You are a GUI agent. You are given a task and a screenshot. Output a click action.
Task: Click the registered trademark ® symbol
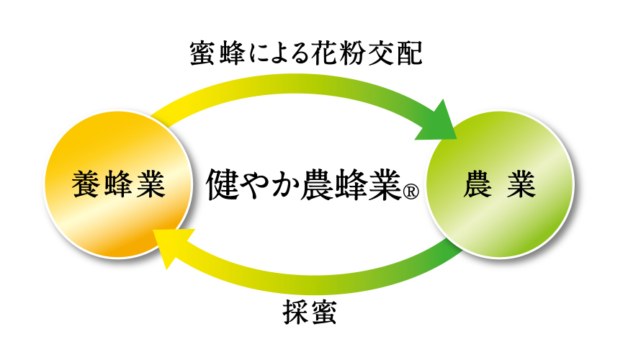click(x=409, y=193)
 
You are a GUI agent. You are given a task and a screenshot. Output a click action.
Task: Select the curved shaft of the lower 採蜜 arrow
click(x=310, y=279)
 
